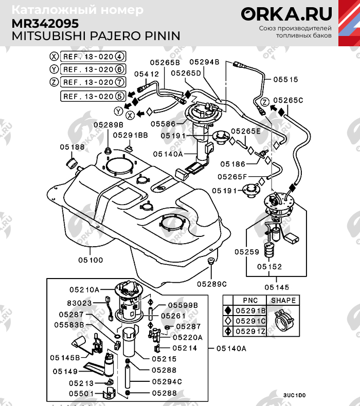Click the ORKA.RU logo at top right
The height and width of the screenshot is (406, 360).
(287, 14)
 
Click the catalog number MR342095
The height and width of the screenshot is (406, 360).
(45, 23)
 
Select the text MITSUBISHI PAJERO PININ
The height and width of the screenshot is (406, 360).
(96, 35)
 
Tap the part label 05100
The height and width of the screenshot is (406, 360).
(91, 260)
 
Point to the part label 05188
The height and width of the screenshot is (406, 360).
(71, 147)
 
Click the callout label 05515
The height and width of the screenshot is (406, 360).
(285, 80)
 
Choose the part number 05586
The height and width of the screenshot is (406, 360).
(163, 124)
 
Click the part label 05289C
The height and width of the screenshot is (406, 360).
(211, 283)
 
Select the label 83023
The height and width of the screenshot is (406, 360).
(79, 303)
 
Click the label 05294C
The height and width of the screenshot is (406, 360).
(167, 382)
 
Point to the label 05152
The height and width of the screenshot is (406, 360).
(270, 267)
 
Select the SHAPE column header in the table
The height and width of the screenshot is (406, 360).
(283, 300)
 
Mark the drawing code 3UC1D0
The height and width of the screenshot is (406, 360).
(294, 395)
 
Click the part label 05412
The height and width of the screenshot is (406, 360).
(147, 74)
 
